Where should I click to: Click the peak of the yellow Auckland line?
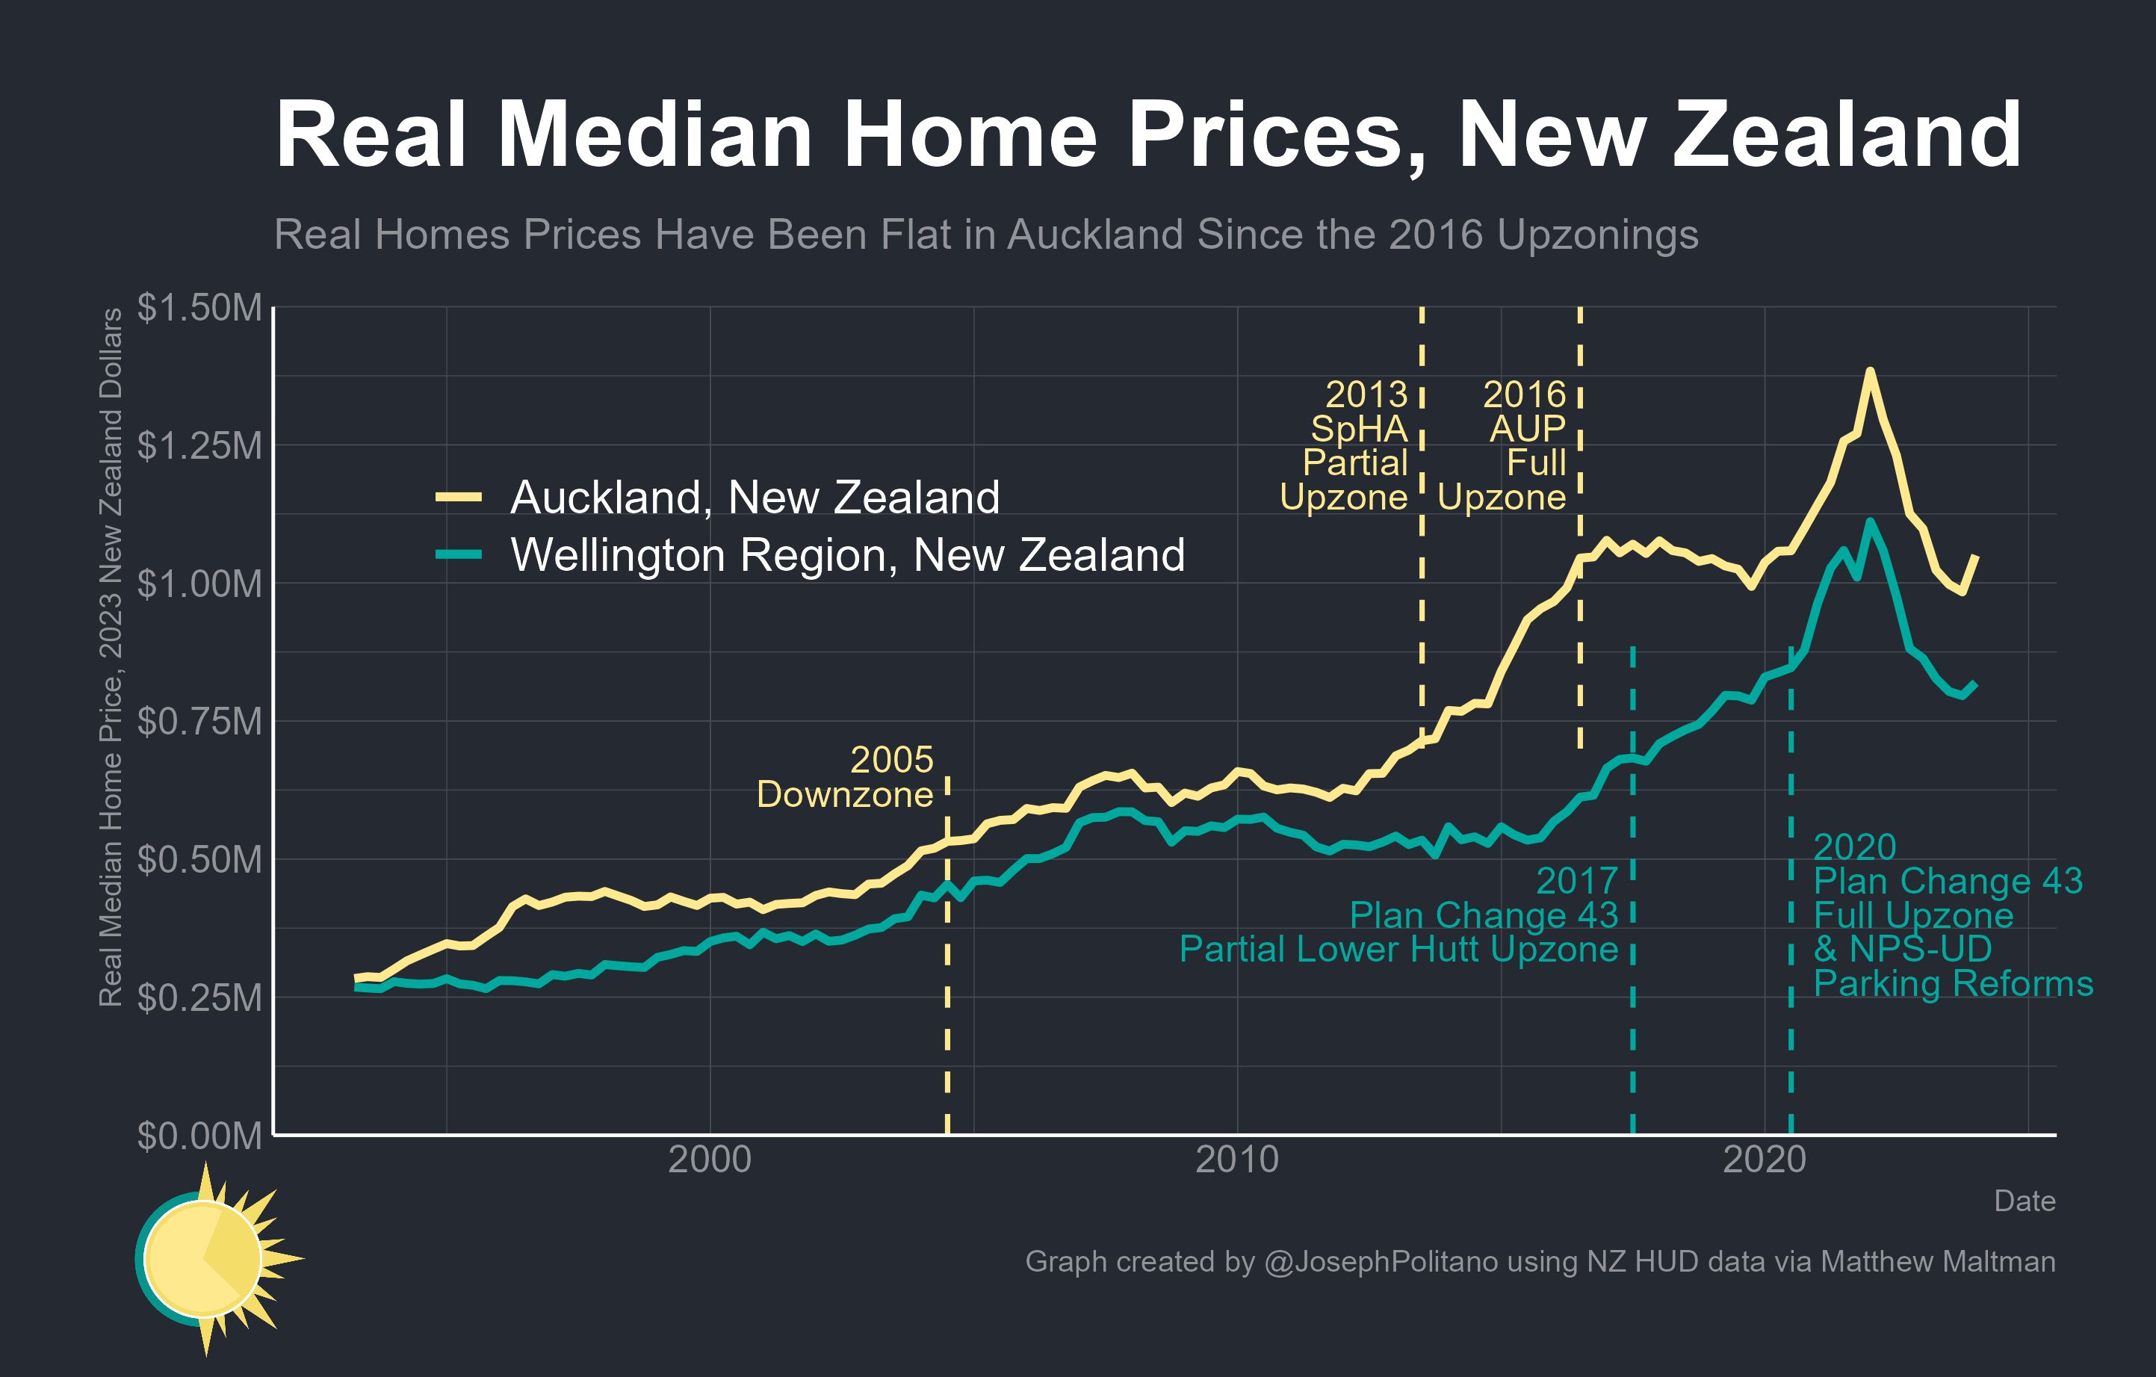[x=1869, y=371]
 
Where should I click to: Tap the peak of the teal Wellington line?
[x=1869, y=522]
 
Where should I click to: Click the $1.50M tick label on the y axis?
[x=199, y=307]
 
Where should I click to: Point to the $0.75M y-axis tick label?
[x=199, y=722]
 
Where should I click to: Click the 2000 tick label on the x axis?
[x=710, y=1160]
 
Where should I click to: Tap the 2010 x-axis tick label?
[x=1237, y=1160]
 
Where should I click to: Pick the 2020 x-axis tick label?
[x=1765, y=1160]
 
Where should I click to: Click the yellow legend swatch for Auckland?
[x=459, y=497]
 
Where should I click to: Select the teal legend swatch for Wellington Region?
[x=459, y=555]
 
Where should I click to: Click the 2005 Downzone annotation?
[x=845, y=777]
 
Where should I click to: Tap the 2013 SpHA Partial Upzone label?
[x=1345, y=446]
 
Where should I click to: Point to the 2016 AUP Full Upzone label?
[x=1503, y=446]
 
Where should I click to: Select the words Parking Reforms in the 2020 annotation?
[x=1953, y=984]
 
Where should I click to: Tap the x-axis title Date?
[x=2025, y=1201]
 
